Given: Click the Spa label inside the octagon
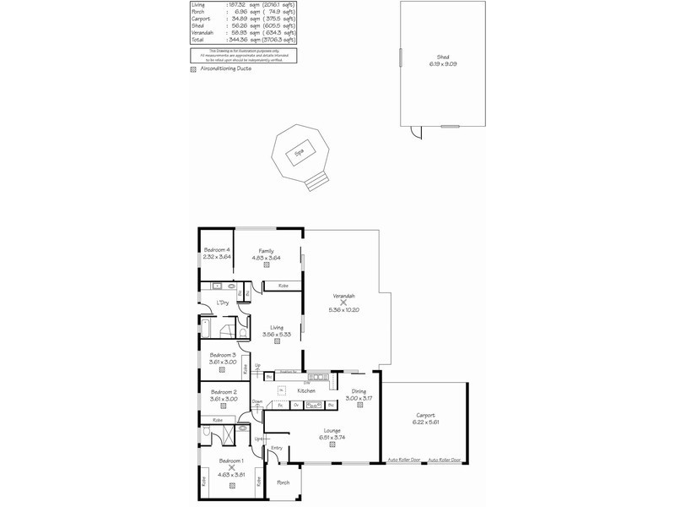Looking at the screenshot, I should [298, 153].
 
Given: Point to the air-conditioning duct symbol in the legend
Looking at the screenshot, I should [192, 70].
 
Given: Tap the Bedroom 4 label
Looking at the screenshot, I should [217, 250].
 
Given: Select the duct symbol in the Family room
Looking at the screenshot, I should [267, 264].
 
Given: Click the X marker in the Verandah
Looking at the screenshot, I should [343, 303].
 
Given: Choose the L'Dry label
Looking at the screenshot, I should [223, 303].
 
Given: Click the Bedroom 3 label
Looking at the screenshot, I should [224, 354].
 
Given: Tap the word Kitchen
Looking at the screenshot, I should [306, 391].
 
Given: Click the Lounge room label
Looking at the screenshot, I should [332, 430].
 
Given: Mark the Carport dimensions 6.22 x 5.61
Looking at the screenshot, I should [424, 421].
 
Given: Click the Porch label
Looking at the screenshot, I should [283, 482].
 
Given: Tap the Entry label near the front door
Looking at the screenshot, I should [277, 449].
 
